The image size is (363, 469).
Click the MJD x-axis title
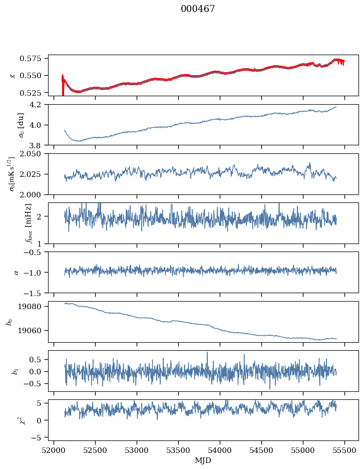pyautogui.click(x=203, y=460)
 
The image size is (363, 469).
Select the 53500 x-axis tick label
pyautogui.click(x=179, y=450)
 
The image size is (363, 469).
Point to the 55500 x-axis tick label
pyautogui.click(x=344, y=450)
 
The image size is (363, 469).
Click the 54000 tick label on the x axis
pyautogui.click(x=220, y=450)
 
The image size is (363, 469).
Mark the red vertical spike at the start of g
pyautogui.click(x=63, y=84)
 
